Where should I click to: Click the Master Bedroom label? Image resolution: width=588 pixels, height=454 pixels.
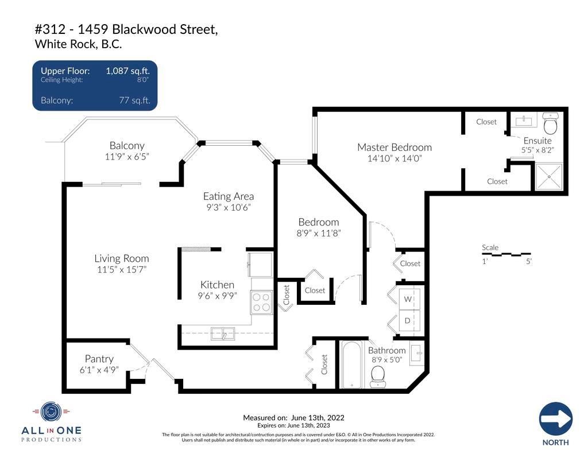(x=394, y=148)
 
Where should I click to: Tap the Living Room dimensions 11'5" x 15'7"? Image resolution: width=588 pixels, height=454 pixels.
(x=122, y=270)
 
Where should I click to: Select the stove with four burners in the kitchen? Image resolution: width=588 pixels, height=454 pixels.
(x=261, y=302)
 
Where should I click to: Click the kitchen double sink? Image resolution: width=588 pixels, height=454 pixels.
(x=223, y=333)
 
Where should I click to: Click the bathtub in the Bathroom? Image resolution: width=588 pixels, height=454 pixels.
(x=352, y=365)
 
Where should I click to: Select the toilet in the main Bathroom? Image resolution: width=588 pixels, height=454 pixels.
(x=378, y=377)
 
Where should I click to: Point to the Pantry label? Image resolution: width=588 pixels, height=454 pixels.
(x=99, y=359)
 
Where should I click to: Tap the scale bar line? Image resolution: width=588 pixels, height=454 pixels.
(x=506, y=254)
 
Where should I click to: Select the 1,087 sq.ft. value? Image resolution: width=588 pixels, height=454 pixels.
(x=128, y=71)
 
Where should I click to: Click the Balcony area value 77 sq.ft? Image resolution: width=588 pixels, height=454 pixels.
(x=134, y=100)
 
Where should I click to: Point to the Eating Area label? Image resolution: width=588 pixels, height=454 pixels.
(x=229, y=196)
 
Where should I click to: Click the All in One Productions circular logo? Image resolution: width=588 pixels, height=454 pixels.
(x=51, y=412)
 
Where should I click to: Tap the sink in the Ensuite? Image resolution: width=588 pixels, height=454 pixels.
(x=524, y=121)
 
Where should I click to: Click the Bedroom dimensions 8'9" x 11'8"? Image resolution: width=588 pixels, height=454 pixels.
(x=318, y=233)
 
